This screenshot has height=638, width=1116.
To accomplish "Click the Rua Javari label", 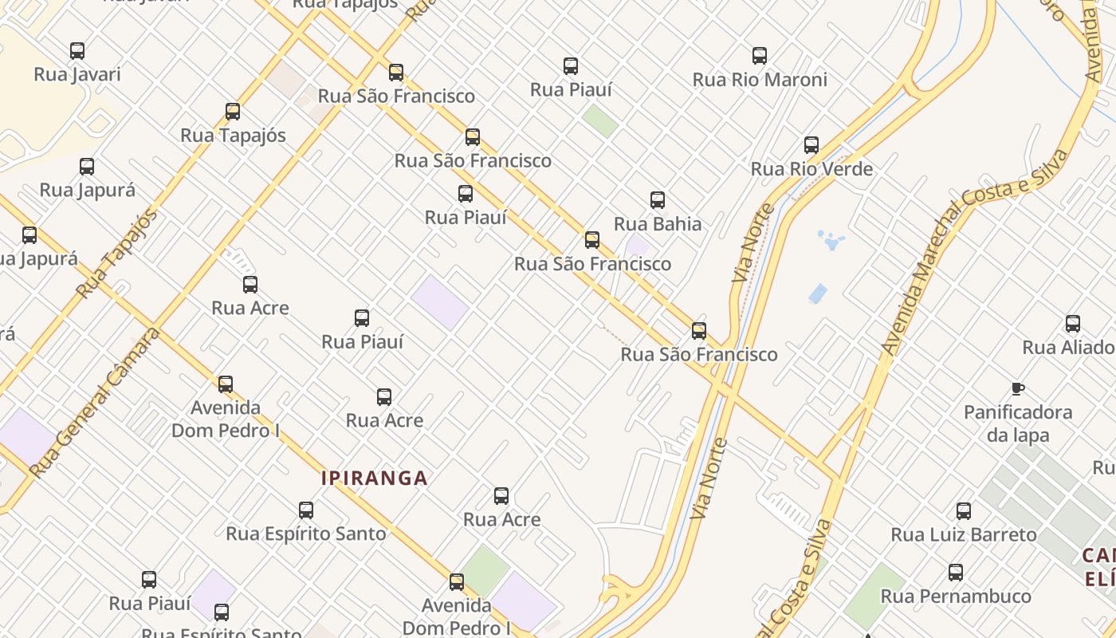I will click(x=77, y=74).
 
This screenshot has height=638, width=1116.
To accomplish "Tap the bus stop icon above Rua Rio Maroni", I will click(x=760, y=56).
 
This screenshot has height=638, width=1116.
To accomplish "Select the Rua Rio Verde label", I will click(x=811, y=169).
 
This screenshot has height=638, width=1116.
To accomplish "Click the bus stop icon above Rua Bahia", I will click(x=658, y=200).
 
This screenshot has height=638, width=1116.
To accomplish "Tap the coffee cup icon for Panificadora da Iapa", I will click(x=1017, y=389).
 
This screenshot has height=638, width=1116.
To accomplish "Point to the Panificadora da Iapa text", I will click(x=1018, y=423).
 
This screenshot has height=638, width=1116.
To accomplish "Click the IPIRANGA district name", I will click(x=375, y=478).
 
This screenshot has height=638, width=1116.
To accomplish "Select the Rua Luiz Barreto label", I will click(x=964, y=534).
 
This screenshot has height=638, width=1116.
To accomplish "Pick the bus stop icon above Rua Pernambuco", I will click(x=956, y=573).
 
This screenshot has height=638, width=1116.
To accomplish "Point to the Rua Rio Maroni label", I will click(x=760, y=80).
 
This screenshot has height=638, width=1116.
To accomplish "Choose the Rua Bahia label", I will click(x=658, y=224).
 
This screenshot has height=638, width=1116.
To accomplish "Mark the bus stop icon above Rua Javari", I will click(x=77, y=51).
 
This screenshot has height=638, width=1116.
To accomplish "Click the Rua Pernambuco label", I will click(x=956, y=597).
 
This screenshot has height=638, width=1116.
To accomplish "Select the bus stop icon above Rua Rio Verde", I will click(x=811, y=145).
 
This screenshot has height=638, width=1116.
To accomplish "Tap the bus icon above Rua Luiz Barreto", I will click(x=964, y=511).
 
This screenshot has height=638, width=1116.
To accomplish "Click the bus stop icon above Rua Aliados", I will click(x=1073, y=324).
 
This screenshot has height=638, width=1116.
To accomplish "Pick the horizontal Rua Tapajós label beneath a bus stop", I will click(x=233, y=136).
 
